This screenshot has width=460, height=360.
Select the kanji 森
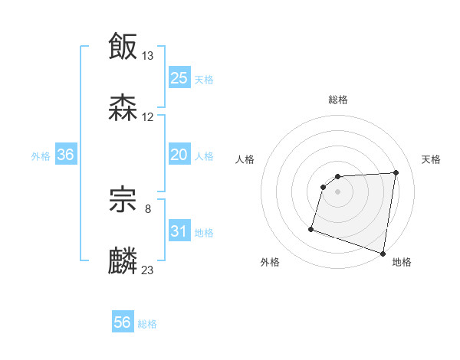tap(123, 107)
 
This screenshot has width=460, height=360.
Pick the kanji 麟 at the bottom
tap(123, 260)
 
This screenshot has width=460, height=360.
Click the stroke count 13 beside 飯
tap(148, 56)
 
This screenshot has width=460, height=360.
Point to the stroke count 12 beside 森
tap(148, 117)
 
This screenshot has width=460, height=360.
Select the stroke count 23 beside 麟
tap(148, 270)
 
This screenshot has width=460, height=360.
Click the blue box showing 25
tap(179, 78)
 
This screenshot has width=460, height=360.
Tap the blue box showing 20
tap(179, 155)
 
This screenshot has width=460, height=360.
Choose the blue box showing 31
tap(179, 231)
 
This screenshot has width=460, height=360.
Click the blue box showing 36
tap(66, 155)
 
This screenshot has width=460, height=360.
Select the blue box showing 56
tap(123, 322)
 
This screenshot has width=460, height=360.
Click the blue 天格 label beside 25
tap(204, 79)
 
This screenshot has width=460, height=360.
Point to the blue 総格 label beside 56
tap(147, 323)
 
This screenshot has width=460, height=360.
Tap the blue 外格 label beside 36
tap(41, 155)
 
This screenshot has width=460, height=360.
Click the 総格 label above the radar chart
tap(337, 100)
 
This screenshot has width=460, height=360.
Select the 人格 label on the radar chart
tap(245, 159)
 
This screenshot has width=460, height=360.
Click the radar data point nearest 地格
tap(383, 253)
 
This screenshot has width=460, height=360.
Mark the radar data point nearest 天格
tap(396, 172)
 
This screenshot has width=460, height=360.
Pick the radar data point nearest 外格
tap(311, 228)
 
